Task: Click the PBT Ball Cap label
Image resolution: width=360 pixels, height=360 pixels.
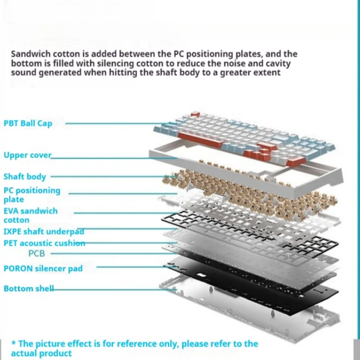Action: click(28, 123)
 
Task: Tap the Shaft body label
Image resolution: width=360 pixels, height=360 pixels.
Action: click(25, 177)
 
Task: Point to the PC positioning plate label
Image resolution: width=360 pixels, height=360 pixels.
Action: click(31, 194)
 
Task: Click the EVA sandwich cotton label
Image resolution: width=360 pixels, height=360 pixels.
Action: click(30, 215)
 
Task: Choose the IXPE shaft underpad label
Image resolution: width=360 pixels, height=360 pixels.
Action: click(43, 232)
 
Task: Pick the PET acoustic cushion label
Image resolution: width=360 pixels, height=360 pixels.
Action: click(44, 243)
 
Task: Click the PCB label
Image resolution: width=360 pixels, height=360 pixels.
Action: click(36, 253)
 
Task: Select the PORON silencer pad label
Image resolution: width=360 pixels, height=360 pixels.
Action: click(43, 269)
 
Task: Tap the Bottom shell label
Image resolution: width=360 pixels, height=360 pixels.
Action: click(28, 288)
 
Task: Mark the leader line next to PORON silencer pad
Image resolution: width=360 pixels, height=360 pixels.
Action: click(130, 267)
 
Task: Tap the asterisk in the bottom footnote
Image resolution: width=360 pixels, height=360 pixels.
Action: click(13, 344)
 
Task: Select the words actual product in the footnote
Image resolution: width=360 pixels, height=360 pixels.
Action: click(41, 354)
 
